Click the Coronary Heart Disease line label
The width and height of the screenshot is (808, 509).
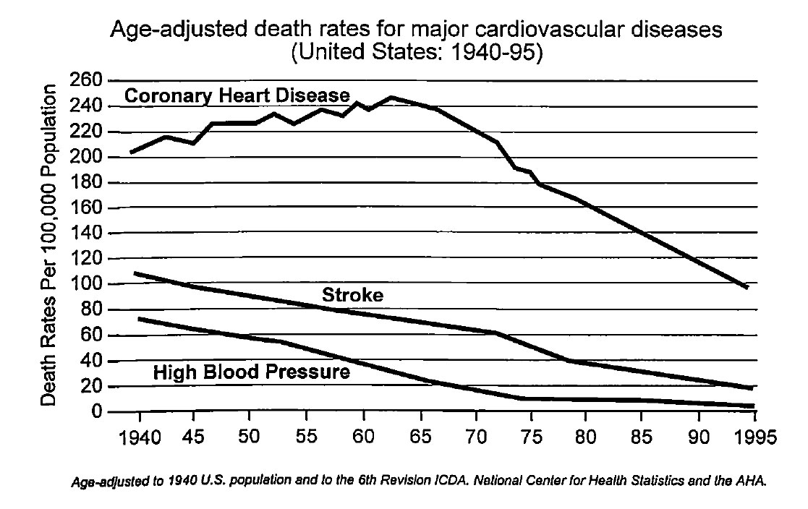(x=237, y=95)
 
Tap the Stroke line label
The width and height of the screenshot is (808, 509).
(x=352, y=295)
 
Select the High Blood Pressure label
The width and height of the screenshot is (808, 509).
(x=252, y=373)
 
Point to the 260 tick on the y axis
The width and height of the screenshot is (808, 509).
(x=85, y=80)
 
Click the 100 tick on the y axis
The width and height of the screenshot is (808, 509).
(x=85, y=285)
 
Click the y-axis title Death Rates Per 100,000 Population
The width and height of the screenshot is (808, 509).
(x=49, y=245)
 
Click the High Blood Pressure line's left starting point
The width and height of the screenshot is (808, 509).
(x=138, y=318)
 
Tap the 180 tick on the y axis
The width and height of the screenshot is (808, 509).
(x=85, y=183)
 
